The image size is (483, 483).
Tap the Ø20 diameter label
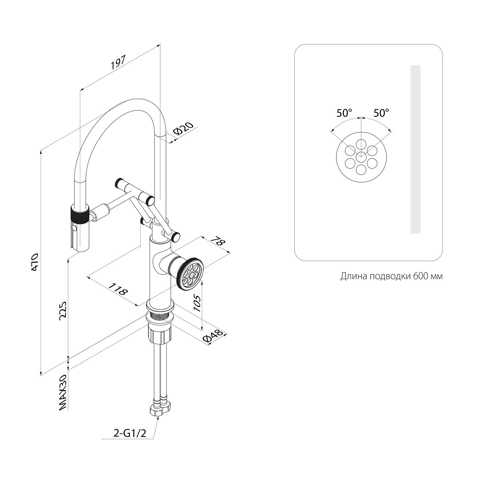click(183, 129)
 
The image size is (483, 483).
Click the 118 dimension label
click(118, 289)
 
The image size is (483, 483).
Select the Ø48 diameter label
click(213, 336)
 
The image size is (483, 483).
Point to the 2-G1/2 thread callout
click(130, 433)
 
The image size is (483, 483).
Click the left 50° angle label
click(344, 113)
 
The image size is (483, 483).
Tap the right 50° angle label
click(381, 113)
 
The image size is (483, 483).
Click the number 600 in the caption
click(417, 277)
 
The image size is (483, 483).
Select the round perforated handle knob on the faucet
click(190, 273)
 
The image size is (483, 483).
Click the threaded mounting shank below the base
click(160, 318)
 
